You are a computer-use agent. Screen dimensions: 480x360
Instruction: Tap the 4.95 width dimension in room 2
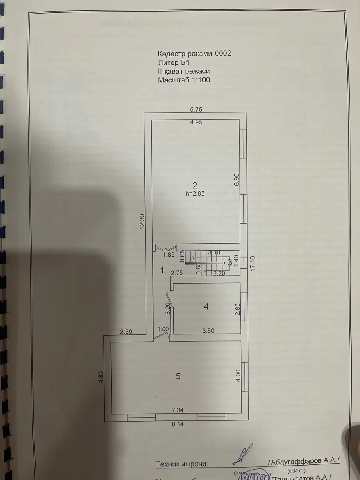(196, 123)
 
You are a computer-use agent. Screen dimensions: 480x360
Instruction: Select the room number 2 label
(195, 185)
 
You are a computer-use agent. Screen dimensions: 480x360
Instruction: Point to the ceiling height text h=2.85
(195, 193)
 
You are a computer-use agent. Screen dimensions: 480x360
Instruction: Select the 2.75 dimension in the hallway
(177, 273)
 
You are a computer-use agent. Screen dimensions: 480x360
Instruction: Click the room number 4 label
(206, 306)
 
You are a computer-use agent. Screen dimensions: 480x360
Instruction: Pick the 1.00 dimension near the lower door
(163, 330)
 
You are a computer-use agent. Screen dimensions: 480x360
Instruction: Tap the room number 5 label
(178, 376)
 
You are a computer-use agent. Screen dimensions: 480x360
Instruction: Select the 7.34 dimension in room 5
(178, 410)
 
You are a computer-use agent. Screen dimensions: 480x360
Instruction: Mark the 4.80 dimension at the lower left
(101, 377)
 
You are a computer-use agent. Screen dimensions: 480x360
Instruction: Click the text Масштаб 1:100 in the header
(184, 80)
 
